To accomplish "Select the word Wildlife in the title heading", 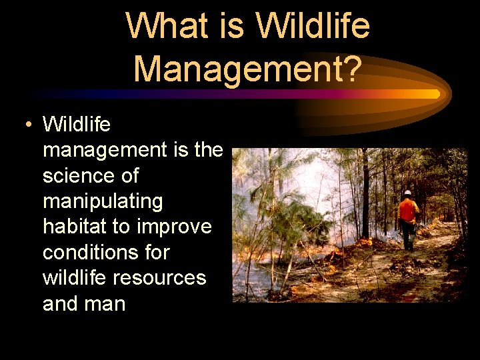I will tap(313, 27).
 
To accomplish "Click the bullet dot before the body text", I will tap(26, 125).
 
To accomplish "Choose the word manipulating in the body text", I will tap(103, 201).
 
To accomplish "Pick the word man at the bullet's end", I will tap(107, 304).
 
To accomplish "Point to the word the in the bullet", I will tap(207, 150).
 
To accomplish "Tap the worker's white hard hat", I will tap(407, 193).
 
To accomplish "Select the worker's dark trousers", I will tap(407, 235).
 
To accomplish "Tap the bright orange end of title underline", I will tap(427, 94).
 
